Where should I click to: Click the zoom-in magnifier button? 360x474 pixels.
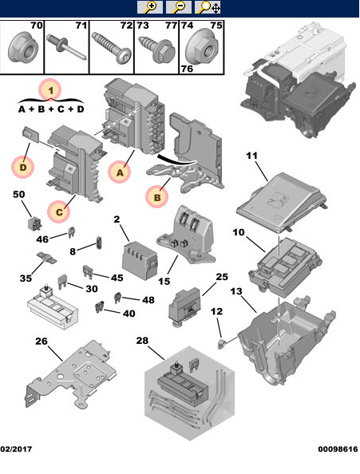tap(149, 7)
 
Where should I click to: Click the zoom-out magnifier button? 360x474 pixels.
tap(178, 7)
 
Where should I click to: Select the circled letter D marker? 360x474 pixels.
tap(22, 167)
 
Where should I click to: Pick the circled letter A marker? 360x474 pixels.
tap(120, 172)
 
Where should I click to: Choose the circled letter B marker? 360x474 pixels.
tap(157, 197)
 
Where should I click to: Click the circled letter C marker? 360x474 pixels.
tap(58, 211)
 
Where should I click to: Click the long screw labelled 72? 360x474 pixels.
tap(112, 49)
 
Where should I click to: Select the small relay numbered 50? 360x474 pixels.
tap(35, 224)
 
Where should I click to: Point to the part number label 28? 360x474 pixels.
tap(142, 341)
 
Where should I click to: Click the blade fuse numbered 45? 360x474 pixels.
tap(88, 271)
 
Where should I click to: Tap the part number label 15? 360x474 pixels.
tap(164, 281)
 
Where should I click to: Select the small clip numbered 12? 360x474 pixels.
tap(221, 343)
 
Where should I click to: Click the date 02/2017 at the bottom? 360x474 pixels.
tap(16, 449)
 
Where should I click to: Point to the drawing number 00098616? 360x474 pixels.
tap(338, 449)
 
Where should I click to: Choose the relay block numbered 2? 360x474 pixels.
tap(140, 260)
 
